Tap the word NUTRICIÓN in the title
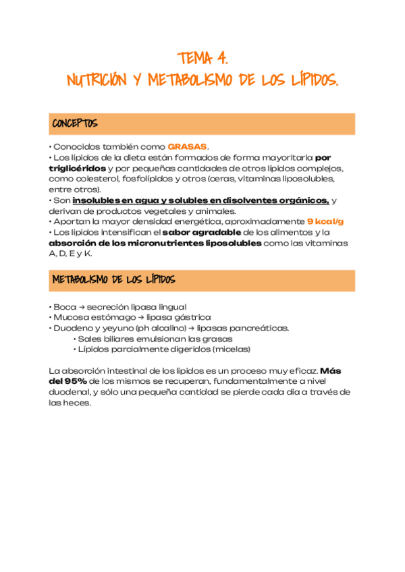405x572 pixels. (x=97, y=81)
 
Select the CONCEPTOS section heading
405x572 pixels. (x=74, y=124)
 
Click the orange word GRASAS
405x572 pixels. (x=187, y=146)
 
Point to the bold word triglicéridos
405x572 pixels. (x=77, y=168)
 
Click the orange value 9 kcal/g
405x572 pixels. (x=325, y=221)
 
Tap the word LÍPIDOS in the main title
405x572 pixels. (x=310, y=81)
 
